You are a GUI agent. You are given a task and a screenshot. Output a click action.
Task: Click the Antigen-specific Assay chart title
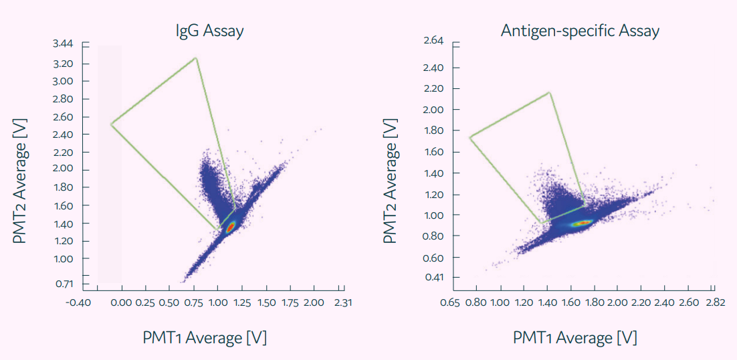(x=580, y=31)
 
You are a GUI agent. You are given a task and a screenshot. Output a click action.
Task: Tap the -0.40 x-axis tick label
(x=78, y=302)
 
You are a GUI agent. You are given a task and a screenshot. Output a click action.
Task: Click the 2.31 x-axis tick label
(x=342, y=302)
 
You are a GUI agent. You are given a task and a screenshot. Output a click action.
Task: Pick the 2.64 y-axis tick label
(x=433, y=41)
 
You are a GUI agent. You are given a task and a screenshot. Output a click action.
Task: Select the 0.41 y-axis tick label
(x=433, y=277)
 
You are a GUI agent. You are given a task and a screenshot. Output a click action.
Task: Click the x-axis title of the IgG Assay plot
(x=205, y=338)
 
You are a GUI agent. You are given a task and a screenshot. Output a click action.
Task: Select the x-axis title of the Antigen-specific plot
(x=575, y=338)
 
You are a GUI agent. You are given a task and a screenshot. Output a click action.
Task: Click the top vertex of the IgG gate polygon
(x=195, y=58)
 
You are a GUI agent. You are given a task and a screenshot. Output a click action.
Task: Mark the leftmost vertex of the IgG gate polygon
(x=111, y=124)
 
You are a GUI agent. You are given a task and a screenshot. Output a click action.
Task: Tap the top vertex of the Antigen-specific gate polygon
(x=549, y=92)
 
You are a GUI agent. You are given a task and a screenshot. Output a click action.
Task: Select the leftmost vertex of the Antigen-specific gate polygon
(x=470, y=137)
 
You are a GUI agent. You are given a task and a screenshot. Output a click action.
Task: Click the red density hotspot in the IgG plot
(x=229, y=228)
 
